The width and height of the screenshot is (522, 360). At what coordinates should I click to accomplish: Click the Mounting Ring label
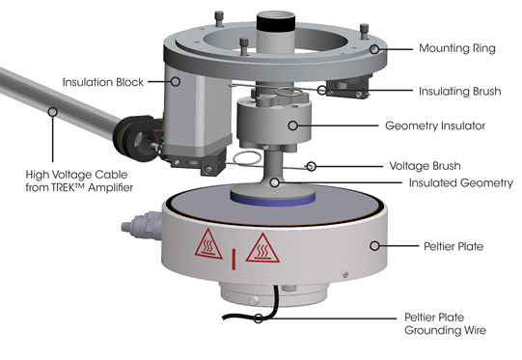[x=457, y=48]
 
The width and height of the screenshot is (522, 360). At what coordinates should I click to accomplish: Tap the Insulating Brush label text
[x=459, y=91]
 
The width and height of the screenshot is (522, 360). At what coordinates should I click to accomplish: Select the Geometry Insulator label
[x=435, y=125]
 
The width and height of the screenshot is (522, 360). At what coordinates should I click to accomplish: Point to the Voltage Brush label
[x=426, y=165]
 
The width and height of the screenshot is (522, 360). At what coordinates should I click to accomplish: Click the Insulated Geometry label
[x=461, y=182]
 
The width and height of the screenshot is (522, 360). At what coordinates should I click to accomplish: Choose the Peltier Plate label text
[x=453, y=246]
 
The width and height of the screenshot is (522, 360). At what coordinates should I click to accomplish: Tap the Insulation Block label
[x=103, y=82]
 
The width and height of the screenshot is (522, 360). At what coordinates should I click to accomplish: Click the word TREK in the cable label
[x=62, y=187]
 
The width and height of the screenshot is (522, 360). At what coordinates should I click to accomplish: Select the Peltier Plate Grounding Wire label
[x=445, y=323]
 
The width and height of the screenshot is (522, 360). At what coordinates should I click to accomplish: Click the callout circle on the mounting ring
[x=374, y=49]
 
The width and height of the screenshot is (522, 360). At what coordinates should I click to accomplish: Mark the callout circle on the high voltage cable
[x=52, y=112]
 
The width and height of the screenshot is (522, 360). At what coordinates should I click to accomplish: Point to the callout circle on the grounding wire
[x=258, y=318]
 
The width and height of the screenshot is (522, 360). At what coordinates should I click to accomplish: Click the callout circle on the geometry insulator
[x=292, y=125]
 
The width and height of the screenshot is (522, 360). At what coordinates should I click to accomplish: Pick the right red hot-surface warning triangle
[x=262, y=248]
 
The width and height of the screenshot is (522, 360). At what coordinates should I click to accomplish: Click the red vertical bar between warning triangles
[x=234, y=259]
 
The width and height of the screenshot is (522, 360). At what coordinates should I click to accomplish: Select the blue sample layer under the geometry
[x=273, y=201]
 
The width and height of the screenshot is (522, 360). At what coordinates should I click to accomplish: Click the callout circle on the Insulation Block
[x=176, y=82]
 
